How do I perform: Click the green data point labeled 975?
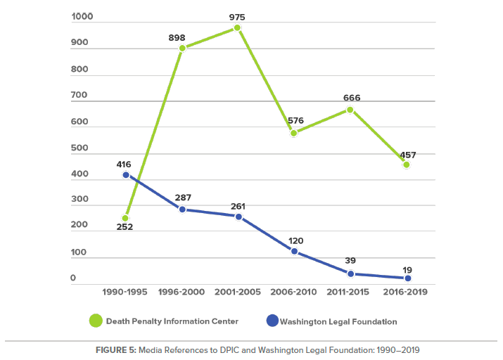[238, 28]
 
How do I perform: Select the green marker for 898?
[182, 49]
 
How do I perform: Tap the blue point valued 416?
[126, 174]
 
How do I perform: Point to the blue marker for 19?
[407, 278]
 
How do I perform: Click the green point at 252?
[126, 218]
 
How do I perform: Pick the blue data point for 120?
[294, 251]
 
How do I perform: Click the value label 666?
[351, 98]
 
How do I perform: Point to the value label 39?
[351, 261]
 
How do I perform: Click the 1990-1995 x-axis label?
[126, 291]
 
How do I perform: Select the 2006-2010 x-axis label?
[294, 291]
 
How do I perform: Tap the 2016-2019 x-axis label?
[407, 291]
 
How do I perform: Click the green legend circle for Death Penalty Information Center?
[94, 321]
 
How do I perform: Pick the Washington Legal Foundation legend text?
[338, 322]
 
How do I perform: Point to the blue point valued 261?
[238, 217]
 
